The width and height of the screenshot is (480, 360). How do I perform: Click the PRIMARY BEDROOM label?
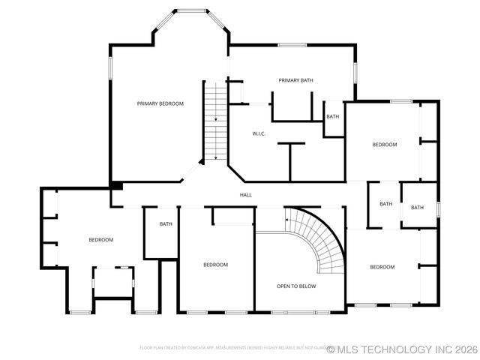click(x=160, y=103)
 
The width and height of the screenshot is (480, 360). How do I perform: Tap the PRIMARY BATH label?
click(x=295, y=80)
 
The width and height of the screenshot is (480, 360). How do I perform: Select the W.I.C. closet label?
click(x=259, y=133)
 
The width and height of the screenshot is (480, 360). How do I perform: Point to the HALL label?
click(x=245, y=195)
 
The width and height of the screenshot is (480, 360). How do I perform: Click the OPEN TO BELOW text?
click(x=296, y=286)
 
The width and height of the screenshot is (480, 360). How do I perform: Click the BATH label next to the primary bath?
click(x=332, y=116)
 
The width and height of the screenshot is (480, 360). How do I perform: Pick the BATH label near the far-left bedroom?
click(x=166, y=223)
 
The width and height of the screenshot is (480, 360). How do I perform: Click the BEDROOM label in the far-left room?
click(x=100, y=240)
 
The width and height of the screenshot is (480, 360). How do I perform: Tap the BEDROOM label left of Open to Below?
click(x=216, y=264)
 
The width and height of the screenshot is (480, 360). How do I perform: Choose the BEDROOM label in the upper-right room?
click(x=384, y=144)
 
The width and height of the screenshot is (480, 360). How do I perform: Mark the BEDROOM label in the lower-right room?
click(x=382, y=267)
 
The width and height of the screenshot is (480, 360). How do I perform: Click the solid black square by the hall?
click(x=116, y=185)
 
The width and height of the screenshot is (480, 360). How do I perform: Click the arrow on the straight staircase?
click(x=216, y=118)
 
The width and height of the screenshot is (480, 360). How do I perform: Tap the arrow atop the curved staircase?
click(x=286, y=219)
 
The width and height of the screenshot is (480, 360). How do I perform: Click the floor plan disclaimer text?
click(x=232, y=348)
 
